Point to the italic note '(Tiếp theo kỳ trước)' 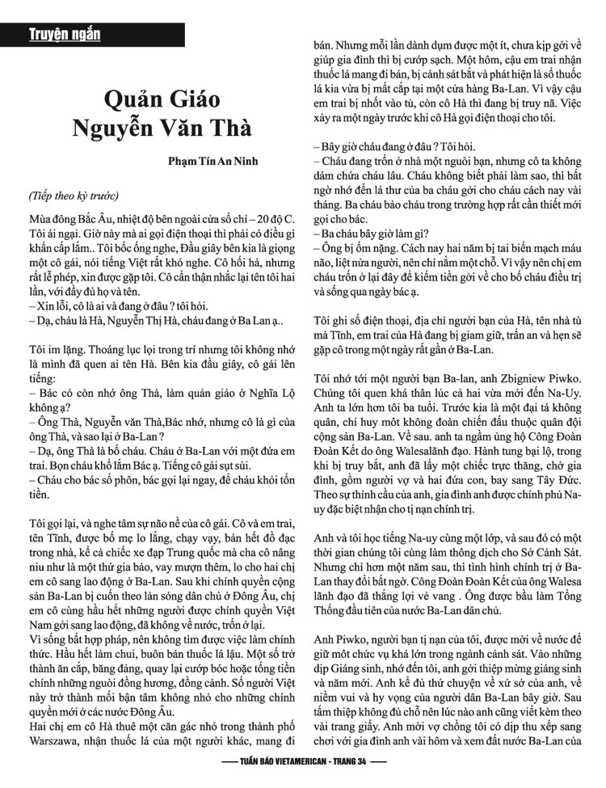(x=74, y=196)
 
